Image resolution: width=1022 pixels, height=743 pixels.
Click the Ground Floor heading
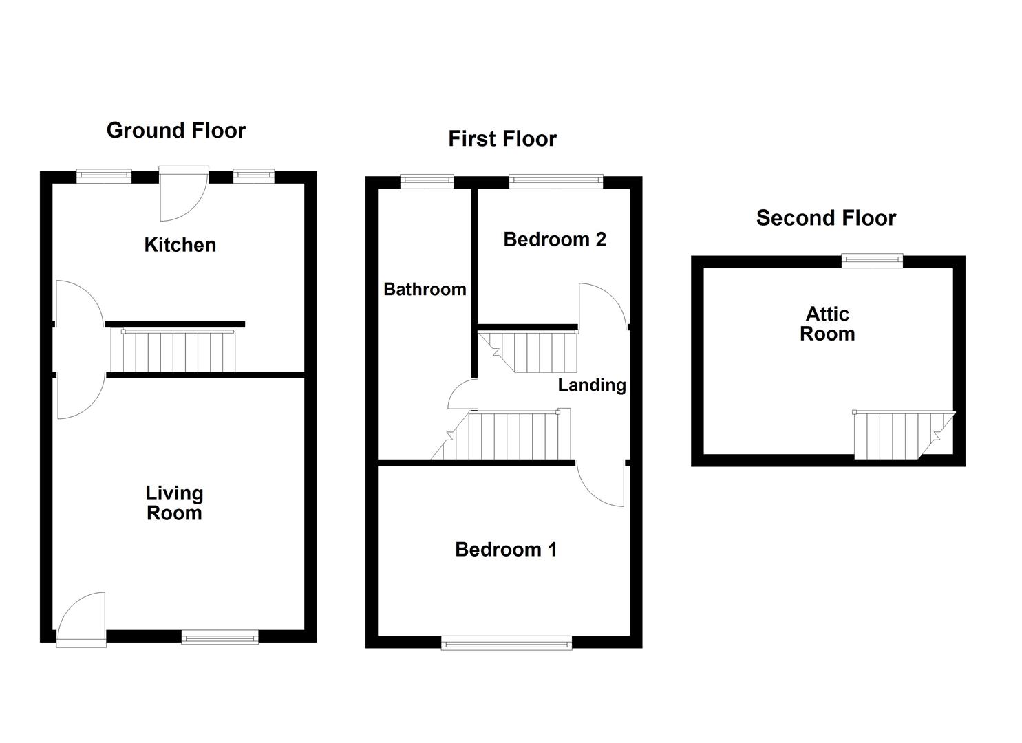175,130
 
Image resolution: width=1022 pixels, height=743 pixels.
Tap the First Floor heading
502,138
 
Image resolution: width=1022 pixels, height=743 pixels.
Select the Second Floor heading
826,217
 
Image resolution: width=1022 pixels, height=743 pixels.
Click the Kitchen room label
180,245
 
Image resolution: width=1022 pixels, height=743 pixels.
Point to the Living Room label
174,503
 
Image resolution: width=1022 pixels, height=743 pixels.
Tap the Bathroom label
425,289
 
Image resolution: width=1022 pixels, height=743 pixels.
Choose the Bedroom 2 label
555,239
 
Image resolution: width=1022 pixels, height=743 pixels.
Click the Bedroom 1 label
506,549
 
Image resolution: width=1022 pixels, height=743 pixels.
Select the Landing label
592,385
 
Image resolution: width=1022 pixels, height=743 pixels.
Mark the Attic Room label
827,323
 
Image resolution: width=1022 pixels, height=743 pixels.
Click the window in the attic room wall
872,260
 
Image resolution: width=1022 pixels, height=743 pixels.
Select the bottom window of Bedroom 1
506,643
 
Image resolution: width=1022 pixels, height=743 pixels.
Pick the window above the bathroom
427,182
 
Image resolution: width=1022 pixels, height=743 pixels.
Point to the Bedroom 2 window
556,182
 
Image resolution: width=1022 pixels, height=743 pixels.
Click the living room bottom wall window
220,637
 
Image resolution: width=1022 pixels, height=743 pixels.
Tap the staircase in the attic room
895,435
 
